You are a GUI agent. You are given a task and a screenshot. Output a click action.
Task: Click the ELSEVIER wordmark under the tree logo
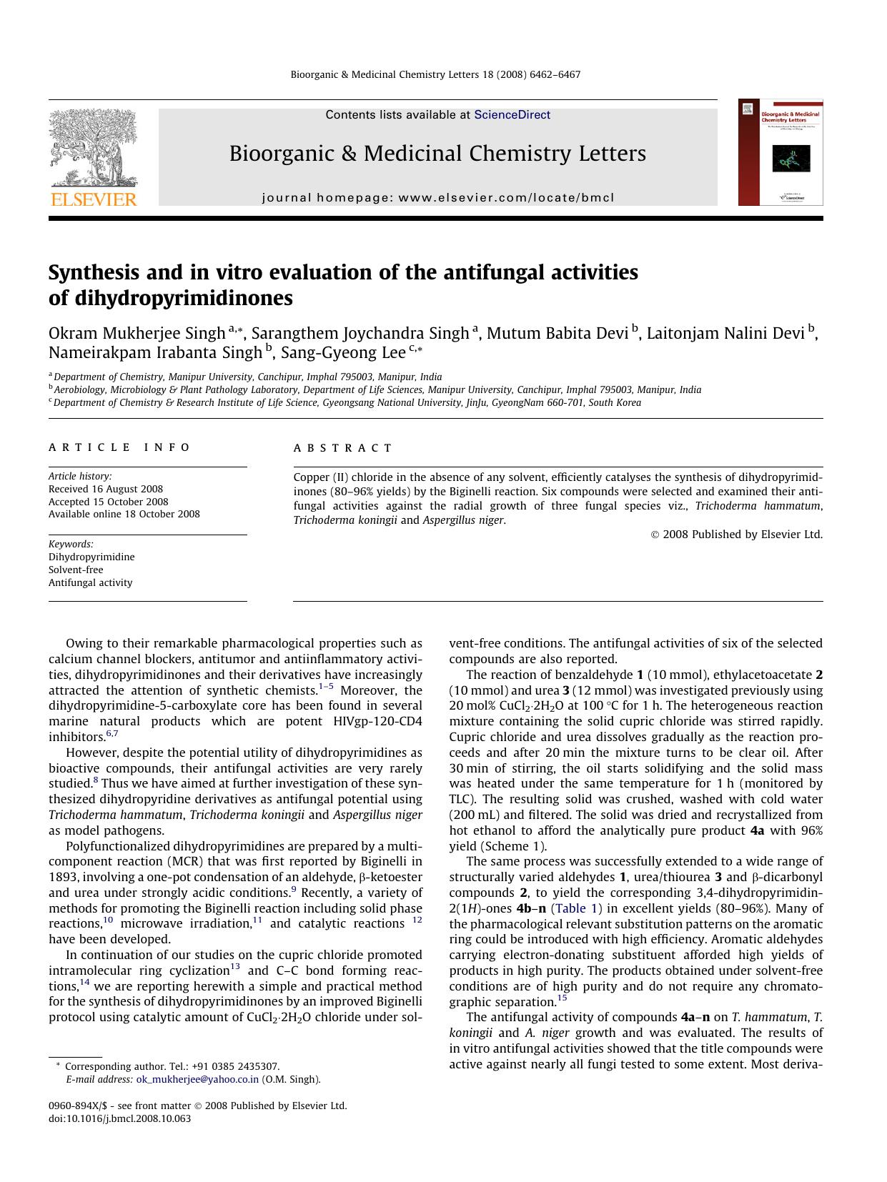pyautogui.click(x=92, y=199)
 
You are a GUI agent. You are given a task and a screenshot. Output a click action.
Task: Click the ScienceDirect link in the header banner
pyautogui.click(x=512, y=114)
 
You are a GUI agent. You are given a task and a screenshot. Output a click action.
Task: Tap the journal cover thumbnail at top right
pyautogui.click(x=780, y=152)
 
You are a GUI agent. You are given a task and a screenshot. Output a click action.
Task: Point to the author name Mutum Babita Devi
pyautogui.click(x=557, y=334)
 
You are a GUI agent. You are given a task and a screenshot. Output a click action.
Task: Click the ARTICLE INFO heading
pyautogui.click(x=119, y=447)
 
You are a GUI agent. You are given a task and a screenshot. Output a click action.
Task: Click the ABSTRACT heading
pyautogui.click(x=343, y=448)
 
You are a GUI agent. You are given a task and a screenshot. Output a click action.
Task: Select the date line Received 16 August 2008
pyautogui.click(x=106, y=490)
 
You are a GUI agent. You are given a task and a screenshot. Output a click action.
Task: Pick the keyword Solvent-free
pyautogui.click(x=76, y=570)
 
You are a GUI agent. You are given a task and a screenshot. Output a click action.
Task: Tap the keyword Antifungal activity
pyautogui.click(x=90, y=582)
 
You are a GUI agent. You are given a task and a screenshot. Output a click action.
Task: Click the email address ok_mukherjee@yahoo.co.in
pyautogui.click(x=197, y=1080)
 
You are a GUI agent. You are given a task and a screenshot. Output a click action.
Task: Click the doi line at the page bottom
pyautogui.click(x=119, y=1118)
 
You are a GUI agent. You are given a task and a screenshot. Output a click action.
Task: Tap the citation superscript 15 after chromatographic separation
pyautogui.click(x=562, y=998)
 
